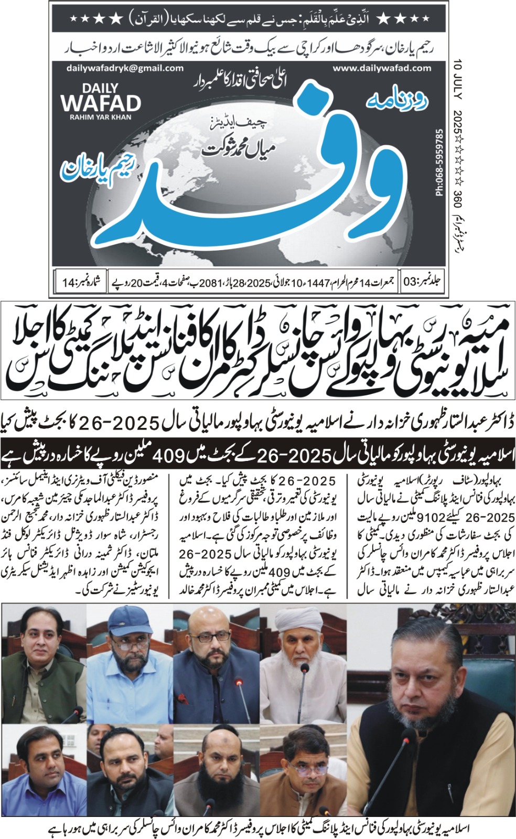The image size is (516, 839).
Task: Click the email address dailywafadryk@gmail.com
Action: (x=125, y=68)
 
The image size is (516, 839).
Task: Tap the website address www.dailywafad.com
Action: (x=382, y=68)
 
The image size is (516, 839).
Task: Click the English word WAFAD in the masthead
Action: (x=101, y=103)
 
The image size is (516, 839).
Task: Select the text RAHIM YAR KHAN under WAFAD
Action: (x=101, y=117)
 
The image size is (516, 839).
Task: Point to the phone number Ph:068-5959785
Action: (x=439, y=163)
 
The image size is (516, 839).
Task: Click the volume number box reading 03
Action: (x=422, y=282)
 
